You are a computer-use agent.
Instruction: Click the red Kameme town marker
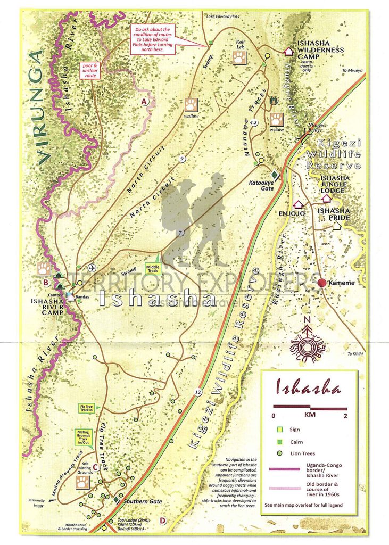[x=321, y=283]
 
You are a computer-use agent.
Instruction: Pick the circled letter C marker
[x=95, y=468]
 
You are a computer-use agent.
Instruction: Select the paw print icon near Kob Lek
[x=240, y=57]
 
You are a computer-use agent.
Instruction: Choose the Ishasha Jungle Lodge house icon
[x=326, y=198]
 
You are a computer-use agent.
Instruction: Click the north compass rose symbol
[x=307, y=342]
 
